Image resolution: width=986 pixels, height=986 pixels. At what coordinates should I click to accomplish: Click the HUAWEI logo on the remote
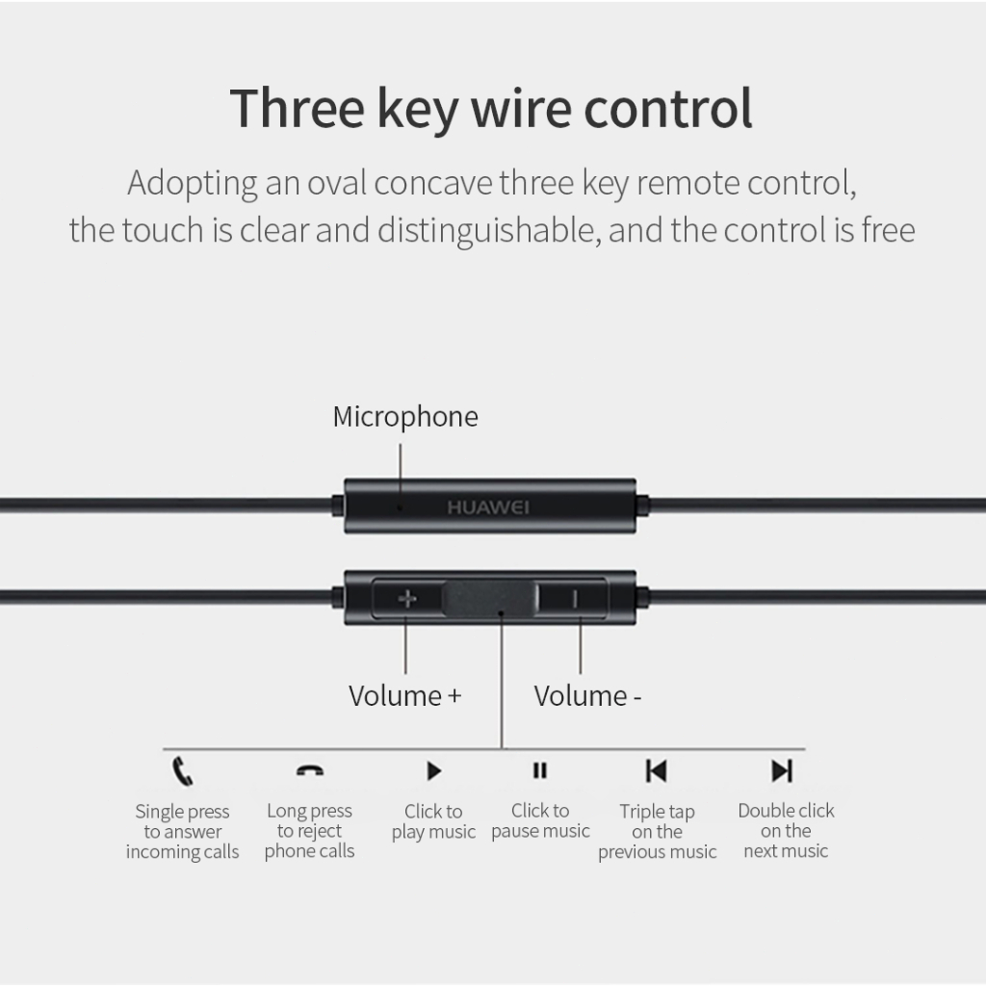coord(488,507)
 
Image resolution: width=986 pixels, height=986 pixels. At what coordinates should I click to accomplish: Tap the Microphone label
coord(405,417)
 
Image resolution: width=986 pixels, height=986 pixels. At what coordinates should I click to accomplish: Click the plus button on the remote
coord(407,599)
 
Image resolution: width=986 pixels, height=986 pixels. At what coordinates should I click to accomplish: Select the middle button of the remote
coord(490,599)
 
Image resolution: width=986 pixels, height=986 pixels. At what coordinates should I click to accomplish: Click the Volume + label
coord(405,696)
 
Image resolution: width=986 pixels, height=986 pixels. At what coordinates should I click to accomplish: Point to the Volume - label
coord(587,696)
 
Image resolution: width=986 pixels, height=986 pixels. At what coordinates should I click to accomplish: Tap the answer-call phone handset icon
coord(182,771)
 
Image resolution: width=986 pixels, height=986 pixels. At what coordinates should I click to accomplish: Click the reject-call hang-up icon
coord(310,770)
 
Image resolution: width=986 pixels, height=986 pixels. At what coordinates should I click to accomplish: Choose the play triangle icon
coord(434,771)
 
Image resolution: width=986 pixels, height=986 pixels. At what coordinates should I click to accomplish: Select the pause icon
coord(540,770)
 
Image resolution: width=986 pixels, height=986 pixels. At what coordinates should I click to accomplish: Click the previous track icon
coord(657,771)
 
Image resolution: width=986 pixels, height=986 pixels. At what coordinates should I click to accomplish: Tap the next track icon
coord(782,771)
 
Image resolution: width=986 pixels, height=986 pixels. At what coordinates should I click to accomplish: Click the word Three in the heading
coord(297,108)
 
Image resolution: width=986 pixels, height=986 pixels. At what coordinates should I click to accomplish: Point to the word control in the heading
coord(668,108)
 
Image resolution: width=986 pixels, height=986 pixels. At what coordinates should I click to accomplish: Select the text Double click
coord(786,811)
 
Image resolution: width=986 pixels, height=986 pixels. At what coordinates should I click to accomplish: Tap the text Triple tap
coord(657,812)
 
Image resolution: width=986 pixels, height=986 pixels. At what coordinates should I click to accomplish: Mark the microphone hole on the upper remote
coord(400,507)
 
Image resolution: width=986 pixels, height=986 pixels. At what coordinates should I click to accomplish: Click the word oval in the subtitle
coord(336,183)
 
